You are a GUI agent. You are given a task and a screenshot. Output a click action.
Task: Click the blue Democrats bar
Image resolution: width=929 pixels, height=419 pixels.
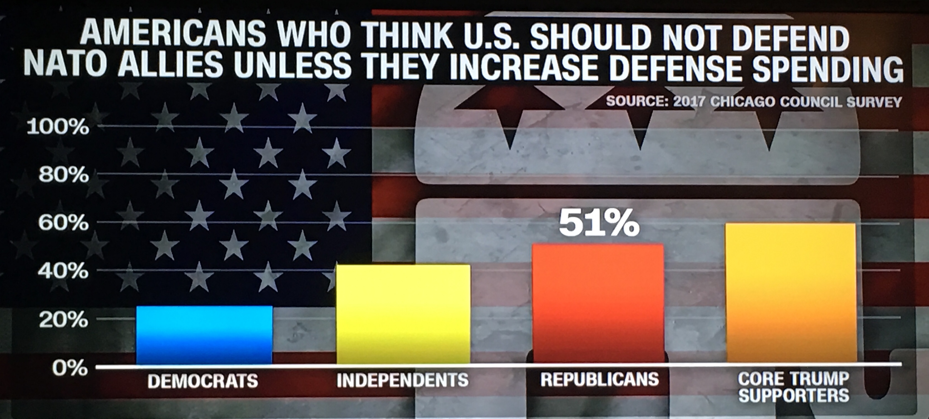tap(204, 335)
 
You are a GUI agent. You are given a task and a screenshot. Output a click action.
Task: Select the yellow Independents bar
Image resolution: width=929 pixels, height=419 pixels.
tap(403, 314)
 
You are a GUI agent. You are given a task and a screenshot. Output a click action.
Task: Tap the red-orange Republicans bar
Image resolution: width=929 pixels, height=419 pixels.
tap(598, 303)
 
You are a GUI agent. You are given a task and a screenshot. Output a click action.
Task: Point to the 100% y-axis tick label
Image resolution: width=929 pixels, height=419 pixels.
tap(58, 127)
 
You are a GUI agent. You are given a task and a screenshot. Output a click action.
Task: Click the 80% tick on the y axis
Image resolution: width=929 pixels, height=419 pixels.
tap(63, 175)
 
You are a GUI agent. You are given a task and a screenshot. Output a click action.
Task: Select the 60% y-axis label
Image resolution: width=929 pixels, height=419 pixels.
tap(63, 223)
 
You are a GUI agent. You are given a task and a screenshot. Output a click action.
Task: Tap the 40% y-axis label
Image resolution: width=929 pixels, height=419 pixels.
tap(63, 271)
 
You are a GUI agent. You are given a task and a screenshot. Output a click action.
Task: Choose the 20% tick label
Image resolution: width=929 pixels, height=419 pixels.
tap(63, 320)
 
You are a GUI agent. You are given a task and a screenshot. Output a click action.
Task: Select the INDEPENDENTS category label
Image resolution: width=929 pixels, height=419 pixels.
tap(403, 380)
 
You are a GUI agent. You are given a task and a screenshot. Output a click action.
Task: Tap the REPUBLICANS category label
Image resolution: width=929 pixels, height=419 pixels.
tap(599, 379)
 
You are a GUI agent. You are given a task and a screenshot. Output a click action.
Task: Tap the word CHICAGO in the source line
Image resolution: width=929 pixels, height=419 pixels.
tap(743, 102)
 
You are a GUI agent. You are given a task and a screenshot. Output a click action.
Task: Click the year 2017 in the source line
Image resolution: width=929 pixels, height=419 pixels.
tap(689, 101)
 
